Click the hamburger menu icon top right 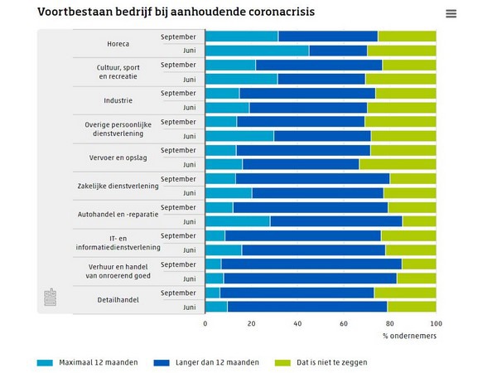[451, 13]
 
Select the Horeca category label [118, 43]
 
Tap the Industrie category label [118, 100]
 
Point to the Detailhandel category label [118, 299]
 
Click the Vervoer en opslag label [118, 157]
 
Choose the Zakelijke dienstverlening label [118, 186]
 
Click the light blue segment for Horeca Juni [256, 51]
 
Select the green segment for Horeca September [407, 36]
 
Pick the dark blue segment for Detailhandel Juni [306, 307]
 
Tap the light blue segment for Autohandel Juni [237, 221]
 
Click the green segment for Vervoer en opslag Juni [398, 164]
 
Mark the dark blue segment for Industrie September [306, 93]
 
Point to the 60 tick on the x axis [344, 323]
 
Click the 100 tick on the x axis [436, 323]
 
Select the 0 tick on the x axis [205, 323]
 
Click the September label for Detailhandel [178, 293]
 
